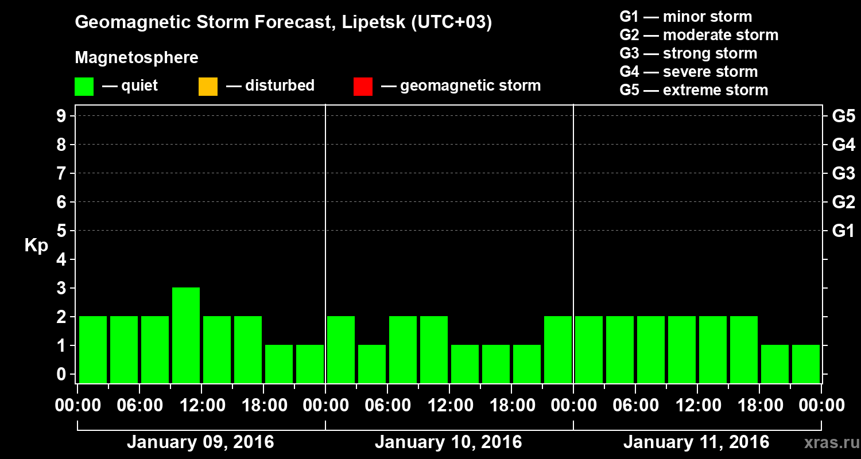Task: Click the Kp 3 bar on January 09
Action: point(186,334)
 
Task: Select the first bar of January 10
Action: point(341,349)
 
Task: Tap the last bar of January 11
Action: point(806,363)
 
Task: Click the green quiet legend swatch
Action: point(84,87)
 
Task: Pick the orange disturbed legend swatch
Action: point(208,87)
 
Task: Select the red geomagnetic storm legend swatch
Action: point(363,87)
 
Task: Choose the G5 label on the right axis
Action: point(843,116)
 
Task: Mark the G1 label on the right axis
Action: point(843,231)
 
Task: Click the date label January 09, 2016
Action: point(200,442)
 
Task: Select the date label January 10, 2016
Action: point(448,442)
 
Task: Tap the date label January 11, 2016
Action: point(696,442)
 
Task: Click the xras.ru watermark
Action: point(827,443)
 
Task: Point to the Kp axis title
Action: point(36,246)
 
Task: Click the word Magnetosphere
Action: point(137,58)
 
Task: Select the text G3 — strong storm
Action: point(688,53)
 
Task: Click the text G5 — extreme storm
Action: point(693,90)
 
